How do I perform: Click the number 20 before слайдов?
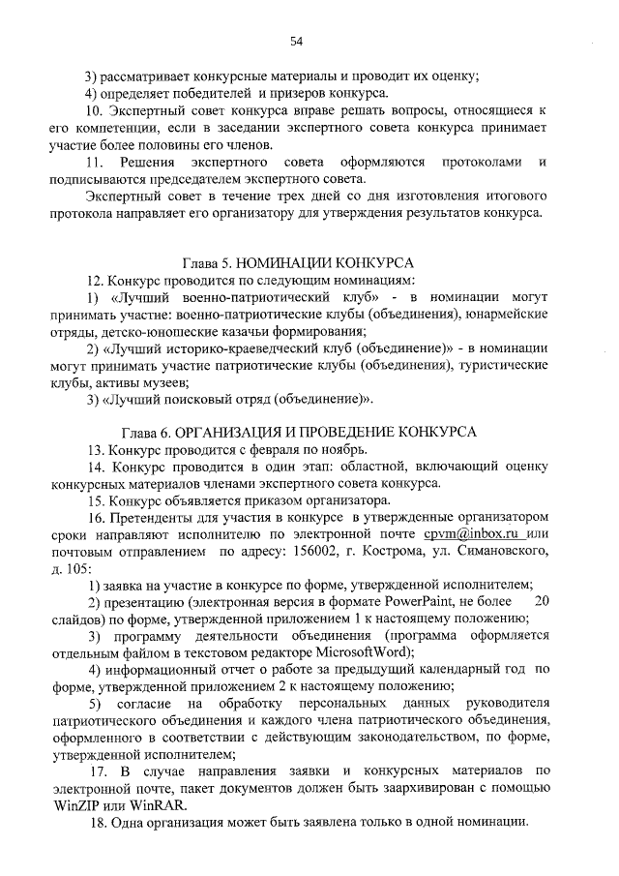(542, 601)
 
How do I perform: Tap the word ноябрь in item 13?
(342, 449)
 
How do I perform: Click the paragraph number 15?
(96, 499)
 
